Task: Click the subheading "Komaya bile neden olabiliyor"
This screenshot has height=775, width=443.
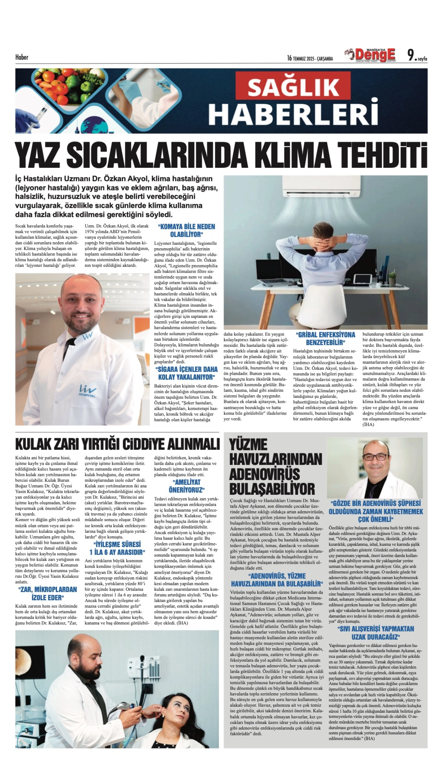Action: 187,231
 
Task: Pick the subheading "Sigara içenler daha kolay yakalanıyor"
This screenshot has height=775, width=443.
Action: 187,373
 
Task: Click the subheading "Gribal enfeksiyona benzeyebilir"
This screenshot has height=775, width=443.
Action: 325,338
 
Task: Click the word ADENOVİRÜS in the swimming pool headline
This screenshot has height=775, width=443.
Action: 264,474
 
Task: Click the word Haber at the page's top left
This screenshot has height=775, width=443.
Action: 22,57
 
